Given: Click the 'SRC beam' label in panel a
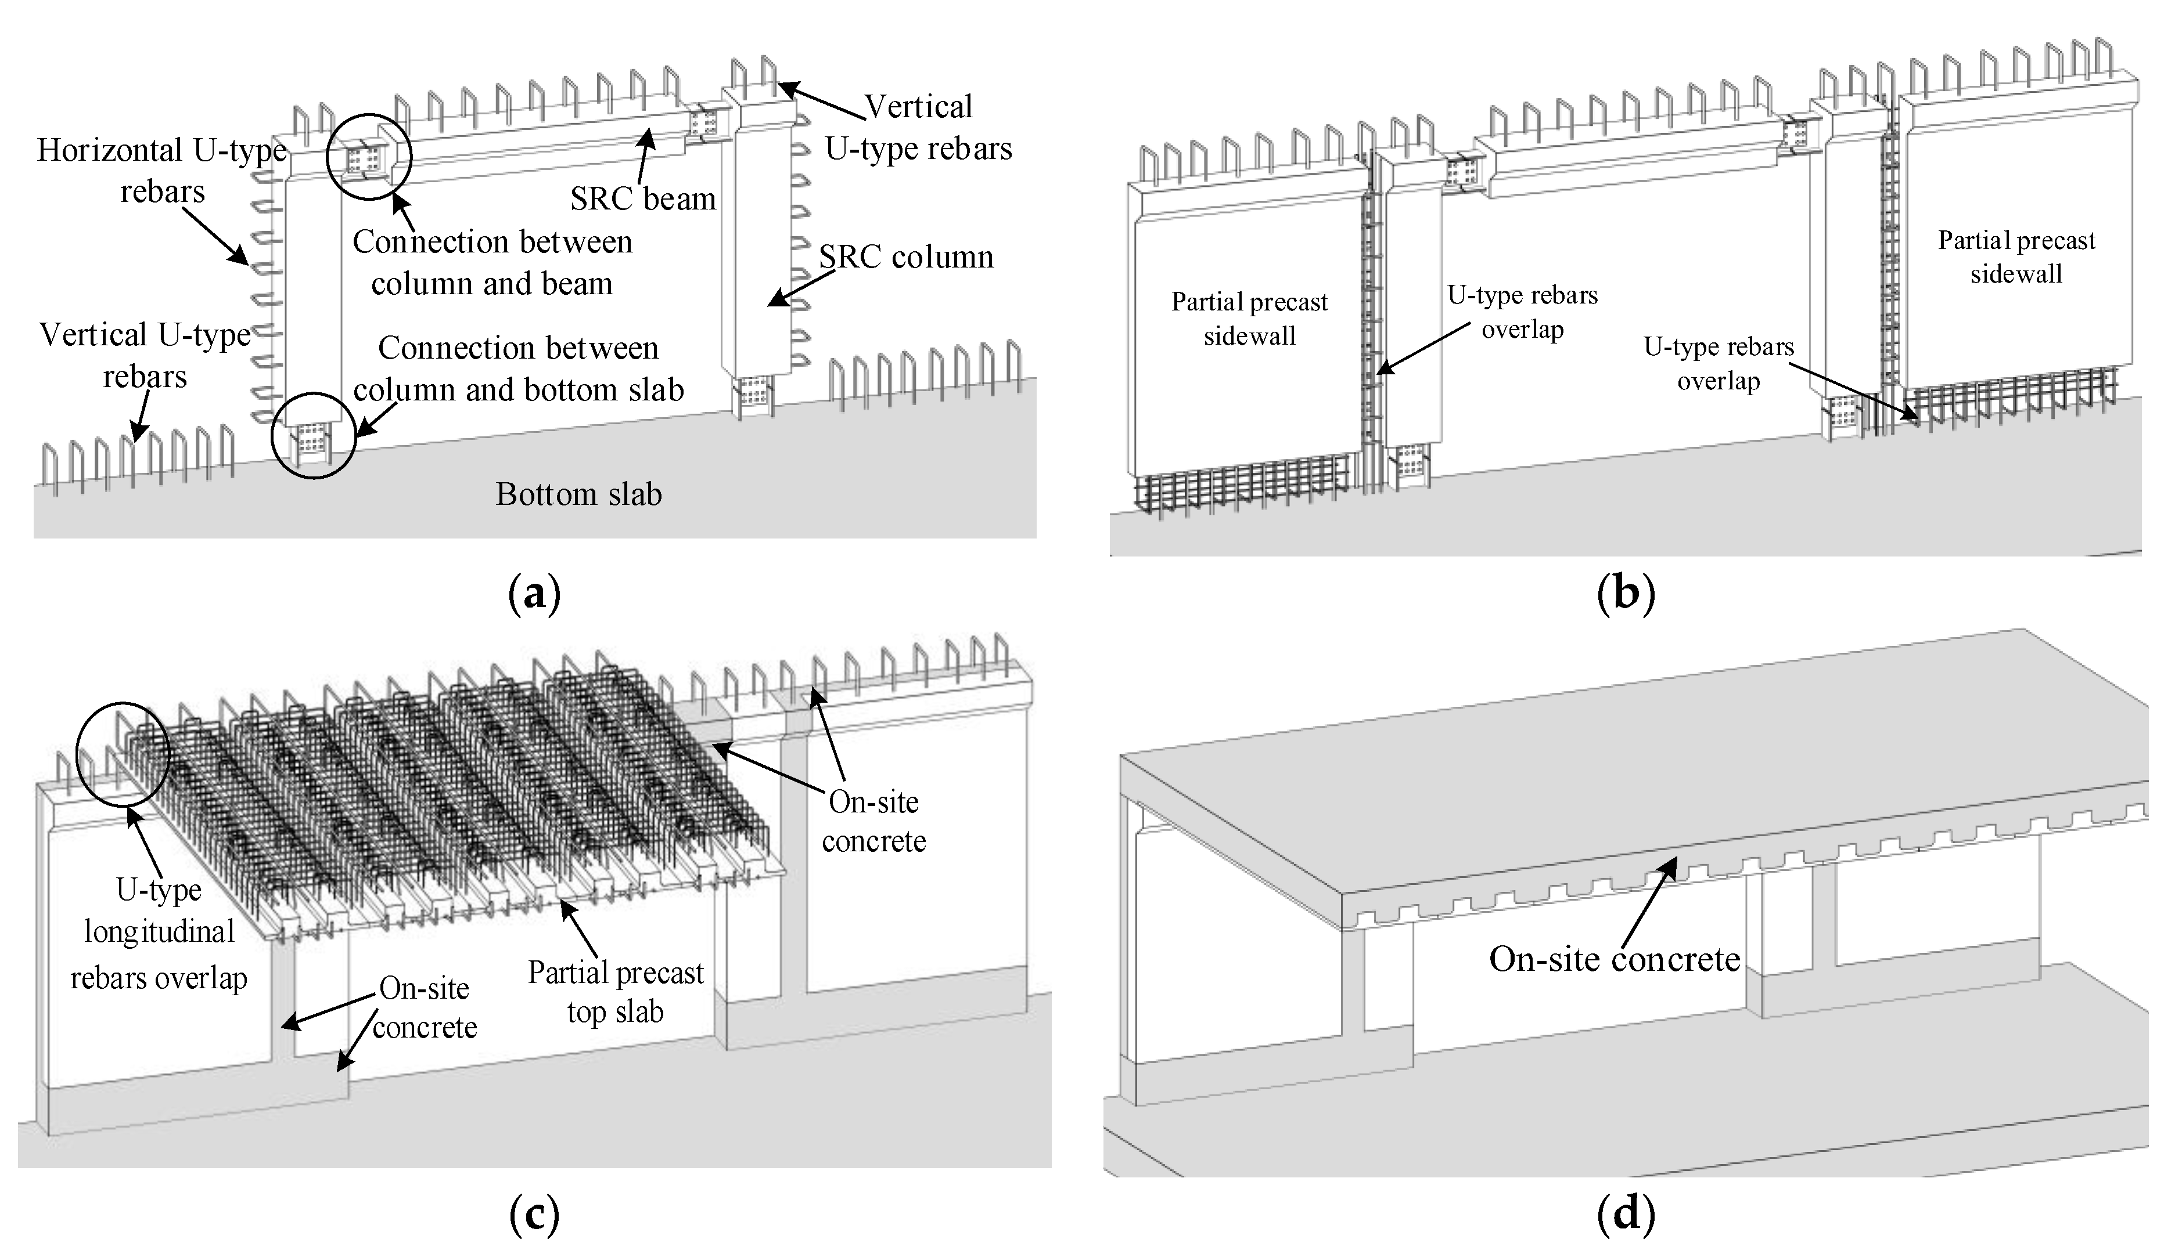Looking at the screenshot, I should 643,199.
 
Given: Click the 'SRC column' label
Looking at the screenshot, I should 905,256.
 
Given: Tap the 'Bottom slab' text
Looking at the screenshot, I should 578,494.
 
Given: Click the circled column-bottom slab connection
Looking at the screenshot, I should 313,435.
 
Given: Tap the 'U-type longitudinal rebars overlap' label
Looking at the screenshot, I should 159,934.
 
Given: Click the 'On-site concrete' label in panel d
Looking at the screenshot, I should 1614,959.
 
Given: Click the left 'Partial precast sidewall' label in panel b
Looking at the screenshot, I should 1249,319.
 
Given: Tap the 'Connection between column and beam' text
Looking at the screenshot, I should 492,263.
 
